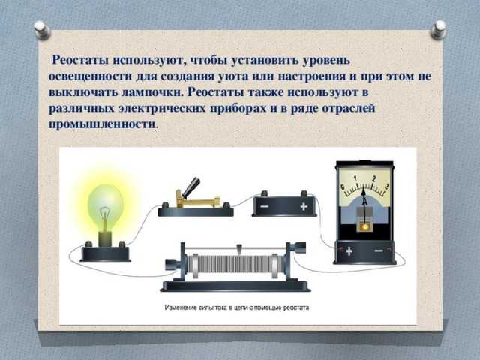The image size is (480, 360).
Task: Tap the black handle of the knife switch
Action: (x=192, y=187)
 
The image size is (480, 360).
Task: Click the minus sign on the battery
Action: (x=265, y=207)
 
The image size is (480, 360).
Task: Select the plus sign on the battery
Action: (x=304, y=207)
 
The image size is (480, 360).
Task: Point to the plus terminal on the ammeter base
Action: (x=349, y=251)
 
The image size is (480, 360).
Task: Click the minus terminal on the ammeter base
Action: (x=379, y=251)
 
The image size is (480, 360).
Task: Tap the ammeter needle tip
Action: (x=363, y=188)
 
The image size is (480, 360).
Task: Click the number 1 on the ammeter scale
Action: (x=355, y=178)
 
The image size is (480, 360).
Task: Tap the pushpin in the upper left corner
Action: (x=42, y=30)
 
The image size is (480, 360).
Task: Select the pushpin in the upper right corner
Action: (x=438, y=29)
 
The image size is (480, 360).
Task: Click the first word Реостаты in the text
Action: (x=80, y=60)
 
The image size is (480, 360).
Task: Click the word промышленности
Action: (x=102, y=124)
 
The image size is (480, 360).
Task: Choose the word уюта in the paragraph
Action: (x=232, y=76)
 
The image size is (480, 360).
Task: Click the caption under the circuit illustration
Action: (x=237, y=307)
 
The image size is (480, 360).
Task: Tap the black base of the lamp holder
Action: (x=105, y=253)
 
